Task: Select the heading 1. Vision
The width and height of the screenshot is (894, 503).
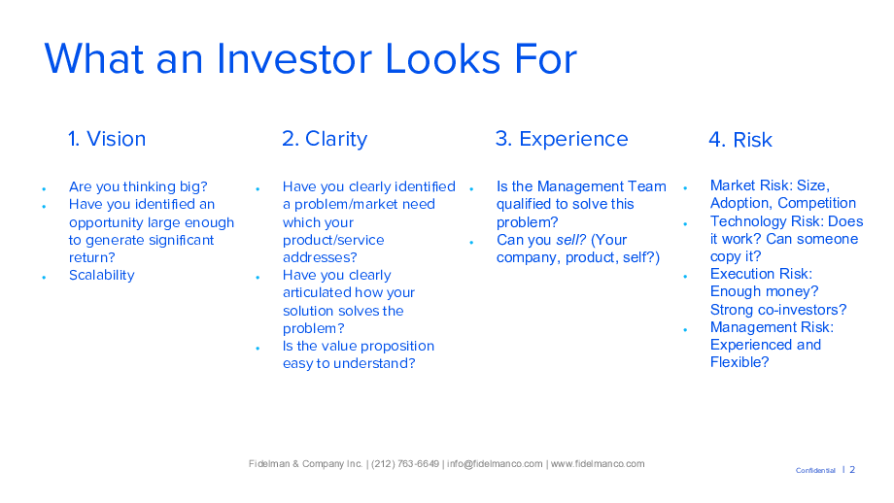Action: point(107,139)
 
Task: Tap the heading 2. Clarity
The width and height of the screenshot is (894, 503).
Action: point(325,140)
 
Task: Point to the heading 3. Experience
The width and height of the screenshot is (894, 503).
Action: point(562,140)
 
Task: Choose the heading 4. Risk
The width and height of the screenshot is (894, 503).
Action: point(740,140)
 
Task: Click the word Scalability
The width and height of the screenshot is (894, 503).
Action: point(101,276)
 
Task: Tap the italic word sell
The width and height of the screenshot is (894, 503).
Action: point(570,240)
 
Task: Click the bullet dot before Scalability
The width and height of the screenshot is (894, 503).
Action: point(44,278)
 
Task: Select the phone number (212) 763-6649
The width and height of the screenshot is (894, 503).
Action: point(405,464)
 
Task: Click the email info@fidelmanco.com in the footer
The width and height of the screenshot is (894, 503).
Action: point(495,464)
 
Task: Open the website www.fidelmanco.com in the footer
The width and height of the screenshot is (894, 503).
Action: point(598,464)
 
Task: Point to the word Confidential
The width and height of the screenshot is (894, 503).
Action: point(815,471)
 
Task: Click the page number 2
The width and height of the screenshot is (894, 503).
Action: point(852,470)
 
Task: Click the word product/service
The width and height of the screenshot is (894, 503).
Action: point(333,241)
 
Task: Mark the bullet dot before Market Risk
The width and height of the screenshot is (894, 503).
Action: point(685,188)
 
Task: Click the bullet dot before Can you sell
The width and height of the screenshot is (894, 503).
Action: point(471,242)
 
